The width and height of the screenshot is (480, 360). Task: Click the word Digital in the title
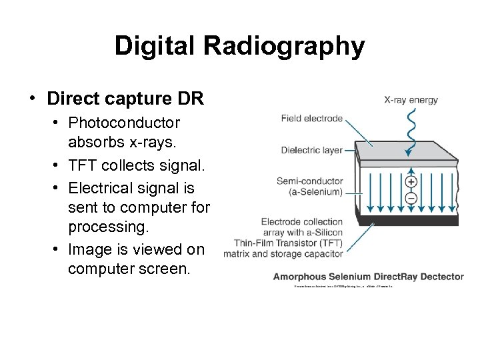[157, 46]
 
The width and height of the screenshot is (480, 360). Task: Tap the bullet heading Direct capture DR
[125, 99]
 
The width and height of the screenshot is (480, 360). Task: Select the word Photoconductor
[124, 123]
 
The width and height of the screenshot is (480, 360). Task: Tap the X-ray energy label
[411, 100]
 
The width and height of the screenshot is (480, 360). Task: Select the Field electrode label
[312, 119]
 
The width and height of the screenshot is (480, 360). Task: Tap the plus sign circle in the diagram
[411, 181]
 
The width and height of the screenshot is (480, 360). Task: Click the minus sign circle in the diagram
[411, 198]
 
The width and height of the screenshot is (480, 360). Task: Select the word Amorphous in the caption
[300, 276]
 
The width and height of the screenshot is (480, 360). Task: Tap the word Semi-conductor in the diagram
[310, 181]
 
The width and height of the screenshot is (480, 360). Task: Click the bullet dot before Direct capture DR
[32, 99]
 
